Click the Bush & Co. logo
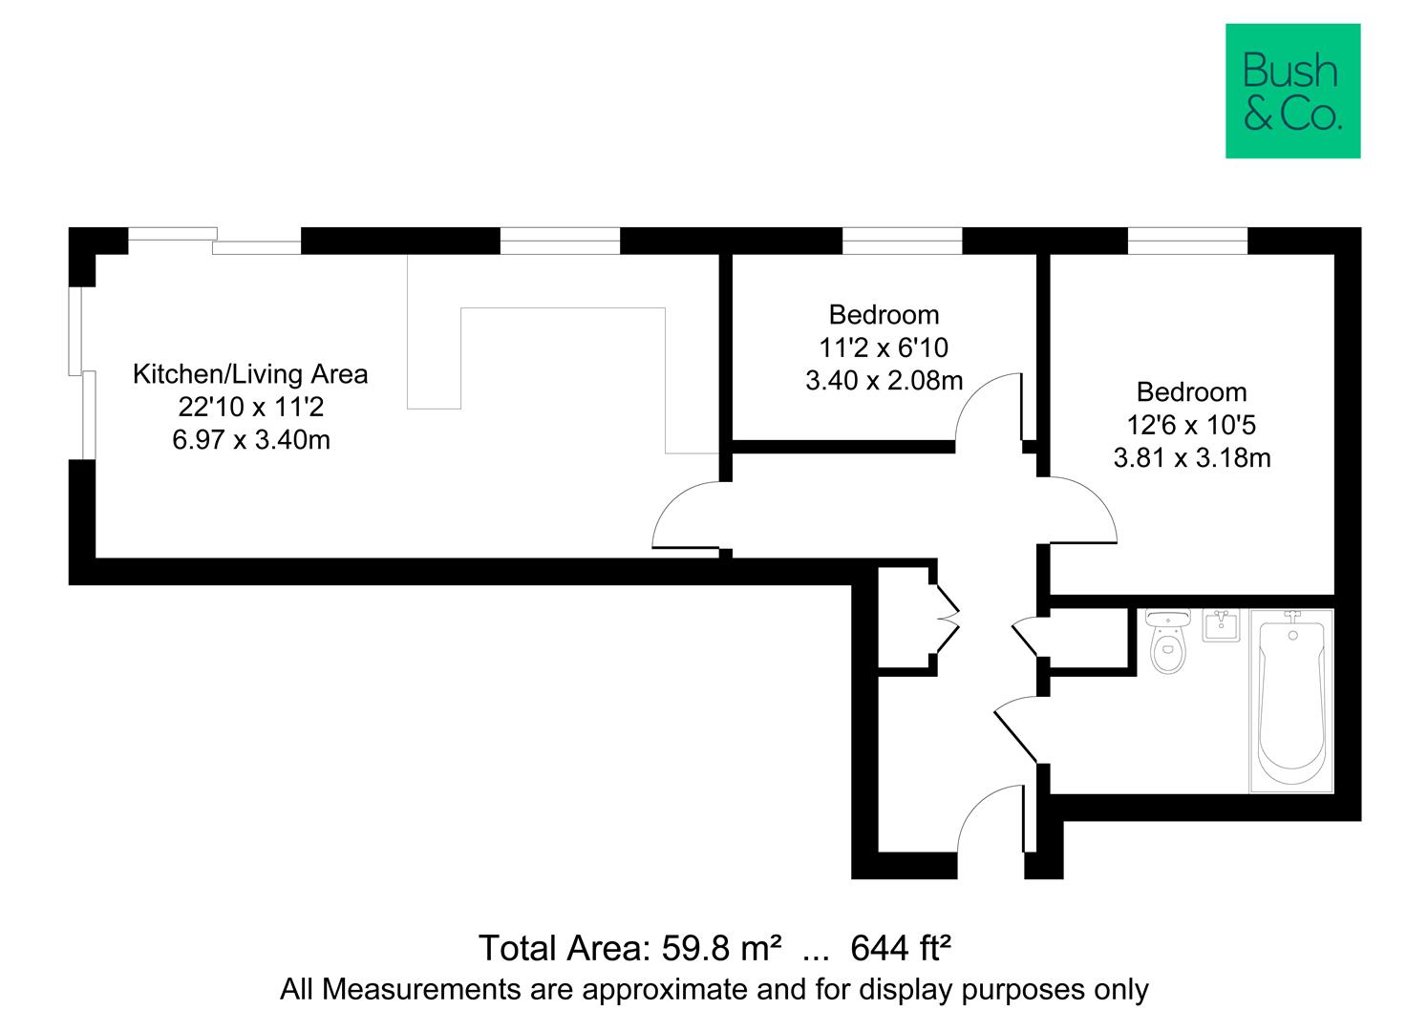1292,91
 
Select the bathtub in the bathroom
1291,702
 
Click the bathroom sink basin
1220,625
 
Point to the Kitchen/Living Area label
249,374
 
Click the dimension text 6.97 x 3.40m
251,440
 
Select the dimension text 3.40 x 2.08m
884,381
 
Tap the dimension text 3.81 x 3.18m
1191,458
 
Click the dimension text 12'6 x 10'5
1191,425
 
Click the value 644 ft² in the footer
900,949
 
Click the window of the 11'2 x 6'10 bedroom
901,241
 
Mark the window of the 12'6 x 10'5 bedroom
1187,241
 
